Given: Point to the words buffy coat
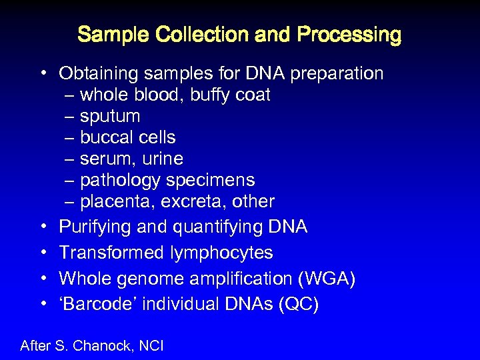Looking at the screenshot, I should pyautogui.click(x=230, y=95).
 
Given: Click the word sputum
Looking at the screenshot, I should pyautogui.click(x=110, y=117).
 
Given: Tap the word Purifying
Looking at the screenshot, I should pyautogui.click(x=95, y=227).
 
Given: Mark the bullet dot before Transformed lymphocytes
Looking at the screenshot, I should pyautogui.click(x=42, y=253).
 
